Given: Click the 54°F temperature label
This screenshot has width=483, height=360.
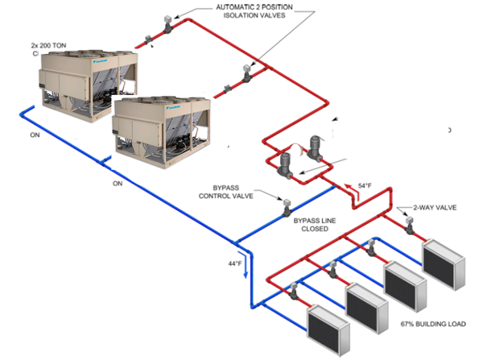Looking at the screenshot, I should point(365,186).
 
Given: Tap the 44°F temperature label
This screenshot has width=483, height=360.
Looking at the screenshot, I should point(234,263).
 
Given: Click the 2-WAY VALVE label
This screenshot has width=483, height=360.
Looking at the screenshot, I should point(435,207).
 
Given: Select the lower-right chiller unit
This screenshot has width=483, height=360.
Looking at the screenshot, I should point(157,122).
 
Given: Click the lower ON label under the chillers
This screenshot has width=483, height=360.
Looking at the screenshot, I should point(117,183).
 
